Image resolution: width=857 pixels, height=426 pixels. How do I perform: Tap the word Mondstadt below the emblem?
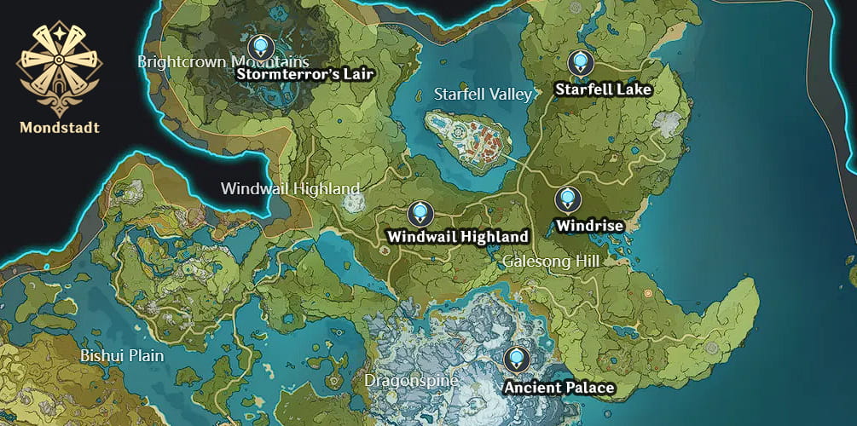click(x=60, y=128)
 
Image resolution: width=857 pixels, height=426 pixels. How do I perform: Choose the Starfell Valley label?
click(x=483, y=94)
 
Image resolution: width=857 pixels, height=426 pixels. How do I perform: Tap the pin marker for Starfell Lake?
click(x=580, y=61)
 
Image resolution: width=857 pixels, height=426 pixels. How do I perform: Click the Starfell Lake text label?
click(x=603, y=89)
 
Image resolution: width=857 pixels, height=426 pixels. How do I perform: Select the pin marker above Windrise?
click(x=567, y=199)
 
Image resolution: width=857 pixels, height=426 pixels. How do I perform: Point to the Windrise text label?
click(x=589, y=226)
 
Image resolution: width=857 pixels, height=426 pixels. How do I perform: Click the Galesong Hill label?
click(x=550, y=261)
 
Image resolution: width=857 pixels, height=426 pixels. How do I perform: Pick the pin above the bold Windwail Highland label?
click(x=419, y=213)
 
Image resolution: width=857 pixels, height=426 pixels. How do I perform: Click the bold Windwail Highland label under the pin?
click(x=458, y=236)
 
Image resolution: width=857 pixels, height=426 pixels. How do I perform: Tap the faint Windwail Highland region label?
click(x=290, y=188)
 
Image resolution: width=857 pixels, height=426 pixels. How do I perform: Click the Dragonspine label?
click(x=411, y=380)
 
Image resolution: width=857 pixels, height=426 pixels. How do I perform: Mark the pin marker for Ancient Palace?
click(x=514, y=359)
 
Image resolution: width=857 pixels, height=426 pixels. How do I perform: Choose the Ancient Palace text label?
click(x=559, y=388)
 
